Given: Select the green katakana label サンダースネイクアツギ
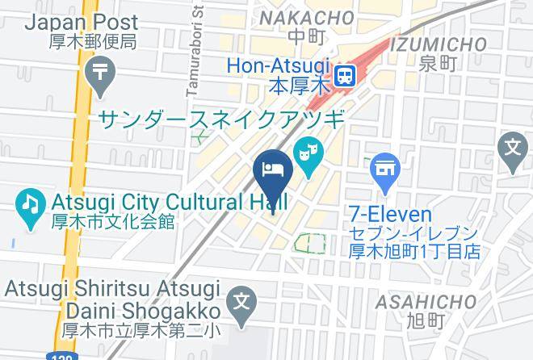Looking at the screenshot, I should pos(222,119).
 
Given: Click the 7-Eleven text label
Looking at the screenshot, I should pos(391,214).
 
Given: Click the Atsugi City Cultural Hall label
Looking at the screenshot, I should pos(168,202).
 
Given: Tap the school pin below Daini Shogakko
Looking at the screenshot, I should pos(240,303).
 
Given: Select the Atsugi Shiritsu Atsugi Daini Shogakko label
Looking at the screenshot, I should pos(112,299).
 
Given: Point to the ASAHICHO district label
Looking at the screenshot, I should pos(426,302).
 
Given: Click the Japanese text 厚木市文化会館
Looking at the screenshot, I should pos(114,222).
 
